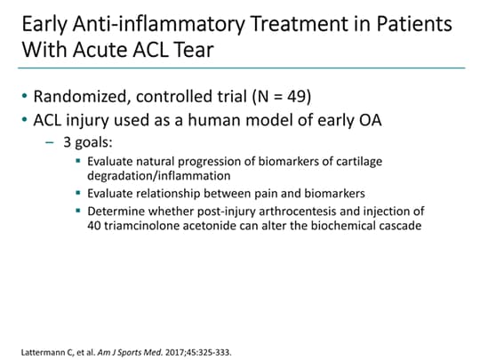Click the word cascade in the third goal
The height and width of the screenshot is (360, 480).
pos(401,225)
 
